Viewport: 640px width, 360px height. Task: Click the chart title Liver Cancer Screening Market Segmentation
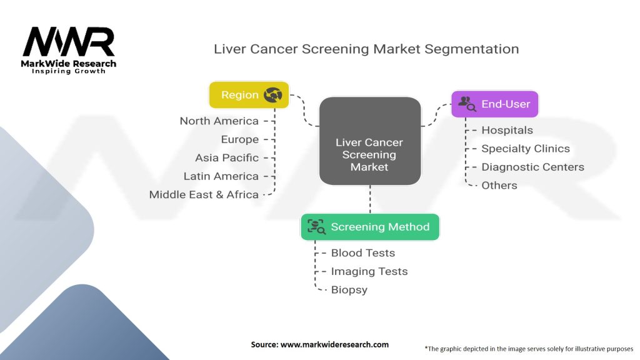point(366,49)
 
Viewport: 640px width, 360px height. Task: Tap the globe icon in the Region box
point(272,95)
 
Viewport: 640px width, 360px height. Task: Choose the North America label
point(219,121)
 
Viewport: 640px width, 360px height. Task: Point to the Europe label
point(239,139)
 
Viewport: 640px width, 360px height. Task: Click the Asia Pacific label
point(226,157)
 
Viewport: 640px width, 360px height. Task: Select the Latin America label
point(221,176)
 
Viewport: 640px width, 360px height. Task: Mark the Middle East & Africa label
point(204,194)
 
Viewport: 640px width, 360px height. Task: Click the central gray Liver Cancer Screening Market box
point(369,141)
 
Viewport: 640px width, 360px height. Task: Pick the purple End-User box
point(494,104)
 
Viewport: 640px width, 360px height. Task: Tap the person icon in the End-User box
point(467,104)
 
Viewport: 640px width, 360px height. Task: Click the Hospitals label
point(507,130)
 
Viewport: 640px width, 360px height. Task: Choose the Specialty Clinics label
point(525,149)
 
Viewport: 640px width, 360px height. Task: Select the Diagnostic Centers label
point(532,167)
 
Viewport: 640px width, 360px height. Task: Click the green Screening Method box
point(369,227)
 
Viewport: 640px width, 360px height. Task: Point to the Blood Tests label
point(362,253)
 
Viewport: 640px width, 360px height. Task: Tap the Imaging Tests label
point(369,271)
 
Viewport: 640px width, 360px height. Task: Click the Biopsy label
point(349,290)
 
